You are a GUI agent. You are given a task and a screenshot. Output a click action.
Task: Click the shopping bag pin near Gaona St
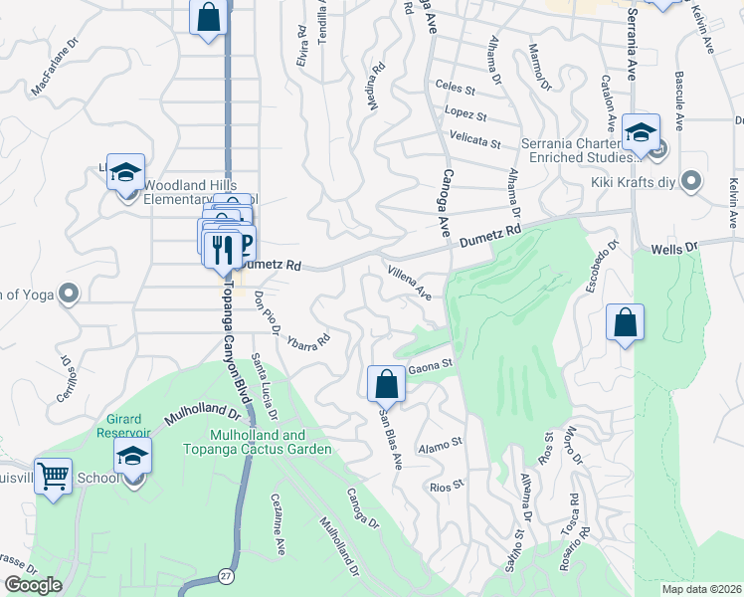pos(386,383)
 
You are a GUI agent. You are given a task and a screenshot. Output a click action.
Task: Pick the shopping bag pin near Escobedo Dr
pos(625,322)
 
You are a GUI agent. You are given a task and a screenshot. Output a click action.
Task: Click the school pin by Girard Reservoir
pos(131,458)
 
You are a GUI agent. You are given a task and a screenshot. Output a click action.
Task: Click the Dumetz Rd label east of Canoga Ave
pos(490,237)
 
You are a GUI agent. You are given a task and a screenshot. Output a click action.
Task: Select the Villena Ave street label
pos(410,283)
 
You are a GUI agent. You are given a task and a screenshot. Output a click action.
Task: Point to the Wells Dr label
pos(672,245)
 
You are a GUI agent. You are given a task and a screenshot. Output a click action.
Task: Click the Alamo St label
pos(441,442)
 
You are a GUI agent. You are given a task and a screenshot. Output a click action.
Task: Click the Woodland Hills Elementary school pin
pos(126,171)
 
